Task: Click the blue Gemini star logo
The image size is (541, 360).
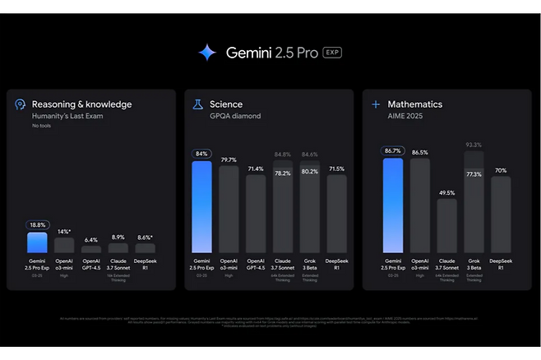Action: pos(206,53)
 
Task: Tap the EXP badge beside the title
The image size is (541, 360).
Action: pos(331,53)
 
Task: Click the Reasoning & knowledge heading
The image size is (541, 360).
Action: pos(81,104)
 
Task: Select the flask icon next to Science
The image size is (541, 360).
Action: pos(197,104)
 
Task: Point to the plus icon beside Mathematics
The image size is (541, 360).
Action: pos(376,104)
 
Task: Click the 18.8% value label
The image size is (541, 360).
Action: pos(38,224)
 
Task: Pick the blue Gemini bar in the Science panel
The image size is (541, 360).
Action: pos(201,207)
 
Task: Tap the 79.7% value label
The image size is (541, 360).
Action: pos(229,159)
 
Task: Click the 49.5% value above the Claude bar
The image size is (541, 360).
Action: pos(446,193)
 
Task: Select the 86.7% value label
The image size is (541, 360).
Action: pos(393,151)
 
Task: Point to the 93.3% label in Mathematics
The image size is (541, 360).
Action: pos(474,145)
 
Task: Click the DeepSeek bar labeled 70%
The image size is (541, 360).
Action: pos(501,215)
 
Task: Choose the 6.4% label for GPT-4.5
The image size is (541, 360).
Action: pos(91,240)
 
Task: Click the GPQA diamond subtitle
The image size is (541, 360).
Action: pos(235,117)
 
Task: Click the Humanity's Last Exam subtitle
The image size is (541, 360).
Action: pos(68,117)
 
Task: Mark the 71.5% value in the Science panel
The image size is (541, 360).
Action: pos(336,168)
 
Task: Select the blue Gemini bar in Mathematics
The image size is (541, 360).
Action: pos(393,205)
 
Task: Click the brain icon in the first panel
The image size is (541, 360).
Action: pos(20,104)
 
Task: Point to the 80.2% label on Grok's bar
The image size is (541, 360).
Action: pos(309,172)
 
